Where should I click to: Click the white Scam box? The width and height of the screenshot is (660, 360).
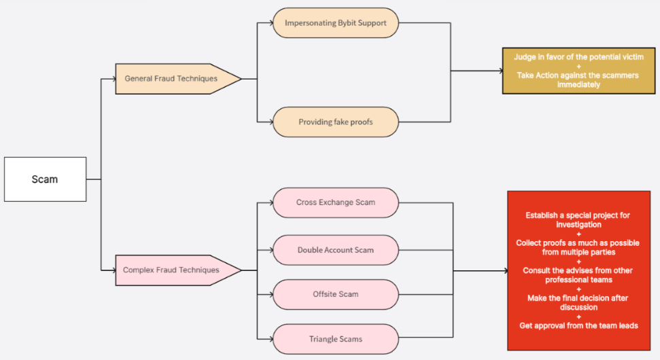click(x=45, y=179)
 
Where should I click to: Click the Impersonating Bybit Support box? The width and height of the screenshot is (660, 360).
click(x=335, y=23)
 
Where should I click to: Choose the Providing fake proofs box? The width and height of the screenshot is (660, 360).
click(x=335, y=122)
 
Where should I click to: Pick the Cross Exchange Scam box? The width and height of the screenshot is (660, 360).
click(x=335, y=202)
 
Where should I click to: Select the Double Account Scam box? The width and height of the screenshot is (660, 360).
click(x=335, y=250)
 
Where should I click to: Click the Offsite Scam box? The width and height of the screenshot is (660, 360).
click(x=335, y=294)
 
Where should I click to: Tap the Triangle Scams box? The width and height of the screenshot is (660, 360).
click(x=335, y=339)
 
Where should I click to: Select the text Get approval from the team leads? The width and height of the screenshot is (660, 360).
click(x=578, y=325)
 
